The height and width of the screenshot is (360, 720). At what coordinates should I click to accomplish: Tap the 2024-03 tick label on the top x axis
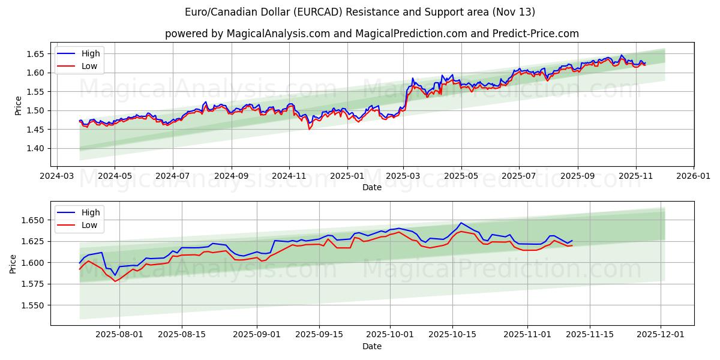(x=57, y=177)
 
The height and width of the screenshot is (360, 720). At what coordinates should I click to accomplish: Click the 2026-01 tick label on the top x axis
(x=694, y=177)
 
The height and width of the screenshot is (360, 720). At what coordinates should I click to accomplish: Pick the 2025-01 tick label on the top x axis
(x=347, y=177)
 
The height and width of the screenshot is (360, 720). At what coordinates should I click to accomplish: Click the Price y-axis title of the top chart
(x=18, y=105)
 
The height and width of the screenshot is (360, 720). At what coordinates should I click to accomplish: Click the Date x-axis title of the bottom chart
(x=372, y=346)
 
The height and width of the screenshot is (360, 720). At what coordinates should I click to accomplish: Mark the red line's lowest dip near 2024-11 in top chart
(x=310, y=129)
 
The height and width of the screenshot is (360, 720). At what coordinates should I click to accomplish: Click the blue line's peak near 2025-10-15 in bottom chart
(x=461, y=223)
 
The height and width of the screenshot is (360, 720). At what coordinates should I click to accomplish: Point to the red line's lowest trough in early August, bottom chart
(x=115, y=281)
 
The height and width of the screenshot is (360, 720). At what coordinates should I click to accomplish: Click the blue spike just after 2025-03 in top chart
(x=412, y=79)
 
